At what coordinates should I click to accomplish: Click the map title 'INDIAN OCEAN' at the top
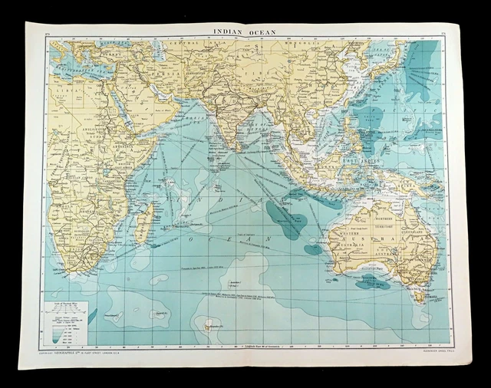tap(245, 31)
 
